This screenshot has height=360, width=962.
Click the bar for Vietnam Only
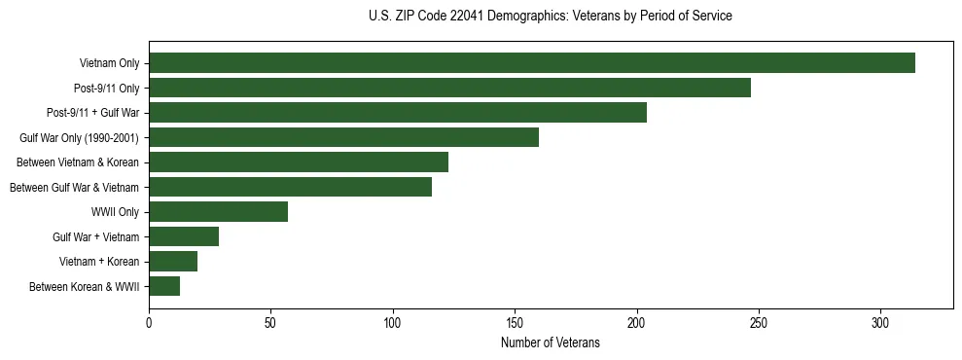[x=532, y=63]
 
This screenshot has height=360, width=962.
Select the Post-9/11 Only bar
[x=449, y=88]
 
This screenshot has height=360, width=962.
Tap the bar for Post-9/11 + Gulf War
[x=398, y=113]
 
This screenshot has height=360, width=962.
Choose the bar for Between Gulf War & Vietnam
[x=290, y=187]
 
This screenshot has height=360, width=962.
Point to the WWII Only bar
[x=218, y=212]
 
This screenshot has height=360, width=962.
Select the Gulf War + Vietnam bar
[x=184, y=236]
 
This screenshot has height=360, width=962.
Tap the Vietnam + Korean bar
[x=173, y=262]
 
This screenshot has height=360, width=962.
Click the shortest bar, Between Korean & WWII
[x=164, y=286]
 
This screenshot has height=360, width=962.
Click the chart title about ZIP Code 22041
[x=551, y=17]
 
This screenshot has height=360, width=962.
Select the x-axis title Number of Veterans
[x=551, y=343]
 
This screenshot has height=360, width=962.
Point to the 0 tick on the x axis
[x=149, y=321]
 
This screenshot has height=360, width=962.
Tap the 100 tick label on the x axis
[x=393, y=321]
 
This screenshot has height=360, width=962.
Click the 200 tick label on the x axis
[x=637, y=321]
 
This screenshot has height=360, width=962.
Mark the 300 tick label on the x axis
[x=880, y=321]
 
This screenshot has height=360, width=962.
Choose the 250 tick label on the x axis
[x=759, y=321]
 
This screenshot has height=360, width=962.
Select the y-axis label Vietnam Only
[x=109, y=63]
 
